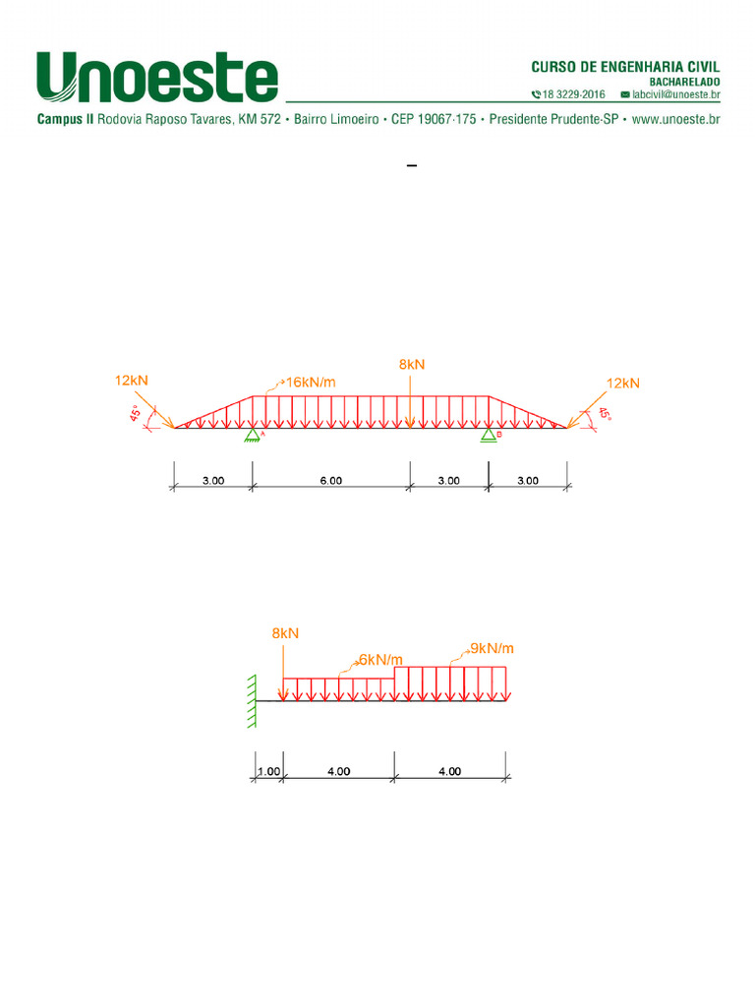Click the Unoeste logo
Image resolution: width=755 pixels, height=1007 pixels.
coord(157,77)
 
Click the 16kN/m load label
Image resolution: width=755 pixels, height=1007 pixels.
coord(311,383)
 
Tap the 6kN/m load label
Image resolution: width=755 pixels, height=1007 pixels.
coord(380,660)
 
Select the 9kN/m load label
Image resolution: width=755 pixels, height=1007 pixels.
coord(492,648)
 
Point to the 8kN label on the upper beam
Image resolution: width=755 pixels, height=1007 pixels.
coord(412,364)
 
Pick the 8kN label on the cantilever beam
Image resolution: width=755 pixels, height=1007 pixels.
coord(285,633)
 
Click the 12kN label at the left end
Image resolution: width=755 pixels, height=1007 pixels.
coord(132,381)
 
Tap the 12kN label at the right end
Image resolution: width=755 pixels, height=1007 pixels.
coord(622,384)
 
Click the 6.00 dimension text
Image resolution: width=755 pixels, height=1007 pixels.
coord(331,480)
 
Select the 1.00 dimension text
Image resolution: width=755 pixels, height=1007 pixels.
coord(269,771)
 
